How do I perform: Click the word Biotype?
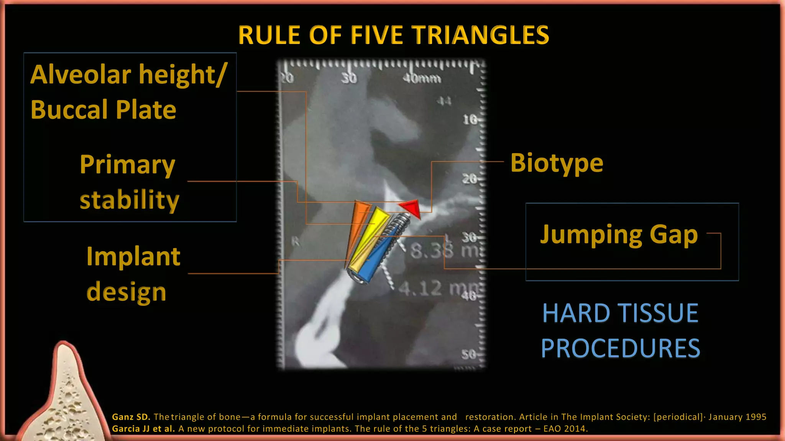point(557,163)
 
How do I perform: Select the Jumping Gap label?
point(619,234)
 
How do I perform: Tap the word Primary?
point(127,165)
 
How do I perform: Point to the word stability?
point(129,200)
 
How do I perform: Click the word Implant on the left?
point(133,256)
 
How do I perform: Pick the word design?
point(126,292)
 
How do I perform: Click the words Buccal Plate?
point(103,110)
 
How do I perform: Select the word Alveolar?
point(80,75)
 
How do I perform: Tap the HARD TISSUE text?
point(620,313)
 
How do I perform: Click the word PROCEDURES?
point(620,348)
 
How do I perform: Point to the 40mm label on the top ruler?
point(422,78)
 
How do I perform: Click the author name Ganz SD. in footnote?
point(131,417)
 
